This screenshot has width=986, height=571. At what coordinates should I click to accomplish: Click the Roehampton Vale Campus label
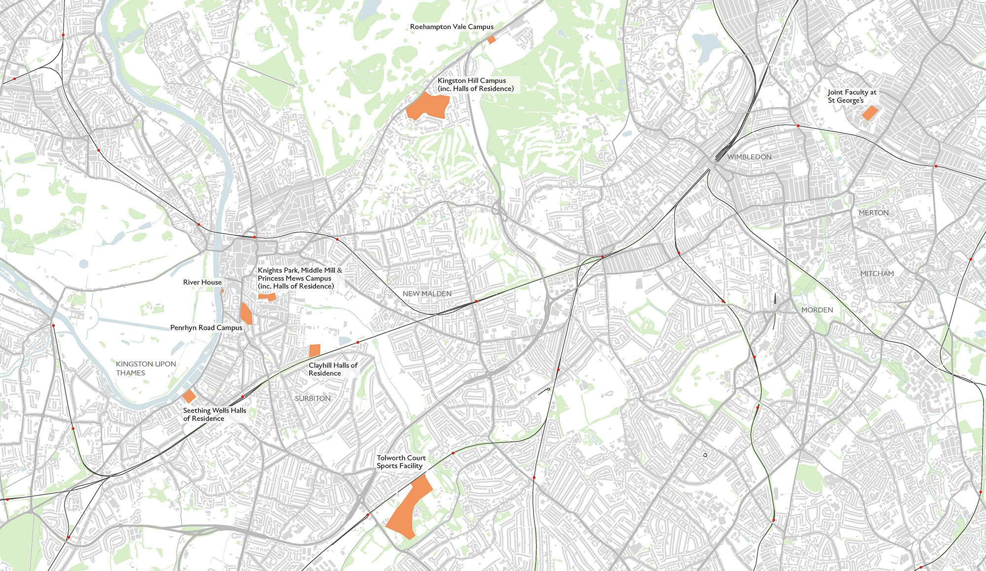(x=452, y=27)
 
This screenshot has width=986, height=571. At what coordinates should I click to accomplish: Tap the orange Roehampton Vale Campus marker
(x=491, y=39)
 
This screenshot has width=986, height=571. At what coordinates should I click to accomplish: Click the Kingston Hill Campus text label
(x=475, y=84)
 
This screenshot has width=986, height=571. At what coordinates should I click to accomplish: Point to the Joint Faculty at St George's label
(x=852, y=96)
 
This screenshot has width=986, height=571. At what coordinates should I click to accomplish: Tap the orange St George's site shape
(x=870, y=113)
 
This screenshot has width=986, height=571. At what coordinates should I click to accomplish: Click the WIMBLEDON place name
(x=749, y=157)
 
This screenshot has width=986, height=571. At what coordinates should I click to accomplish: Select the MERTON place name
(x=874, y=213)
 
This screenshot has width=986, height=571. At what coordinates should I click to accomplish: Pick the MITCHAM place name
(x=877, y=273)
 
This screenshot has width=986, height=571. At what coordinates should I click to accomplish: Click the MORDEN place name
(x=817, y=310)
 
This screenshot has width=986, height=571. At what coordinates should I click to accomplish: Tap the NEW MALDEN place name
(x=427, y=293)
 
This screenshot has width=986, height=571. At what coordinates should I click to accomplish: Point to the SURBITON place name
(x=313, y=398)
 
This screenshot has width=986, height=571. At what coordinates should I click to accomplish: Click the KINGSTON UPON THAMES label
(x=145, y=368)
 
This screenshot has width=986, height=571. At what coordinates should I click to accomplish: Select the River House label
(x=202, y=282)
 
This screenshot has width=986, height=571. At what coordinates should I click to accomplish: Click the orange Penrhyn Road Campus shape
(x=246, y=314)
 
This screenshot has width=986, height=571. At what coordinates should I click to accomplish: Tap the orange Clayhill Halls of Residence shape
(x=315, y=351)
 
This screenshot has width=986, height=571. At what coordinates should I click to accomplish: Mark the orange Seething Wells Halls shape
(x=189, y=396)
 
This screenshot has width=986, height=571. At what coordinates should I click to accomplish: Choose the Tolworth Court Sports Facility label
(x=401, y=462)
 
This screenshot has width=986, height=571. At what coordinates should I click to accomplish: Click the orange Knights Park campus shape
(x=267, y=296)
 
